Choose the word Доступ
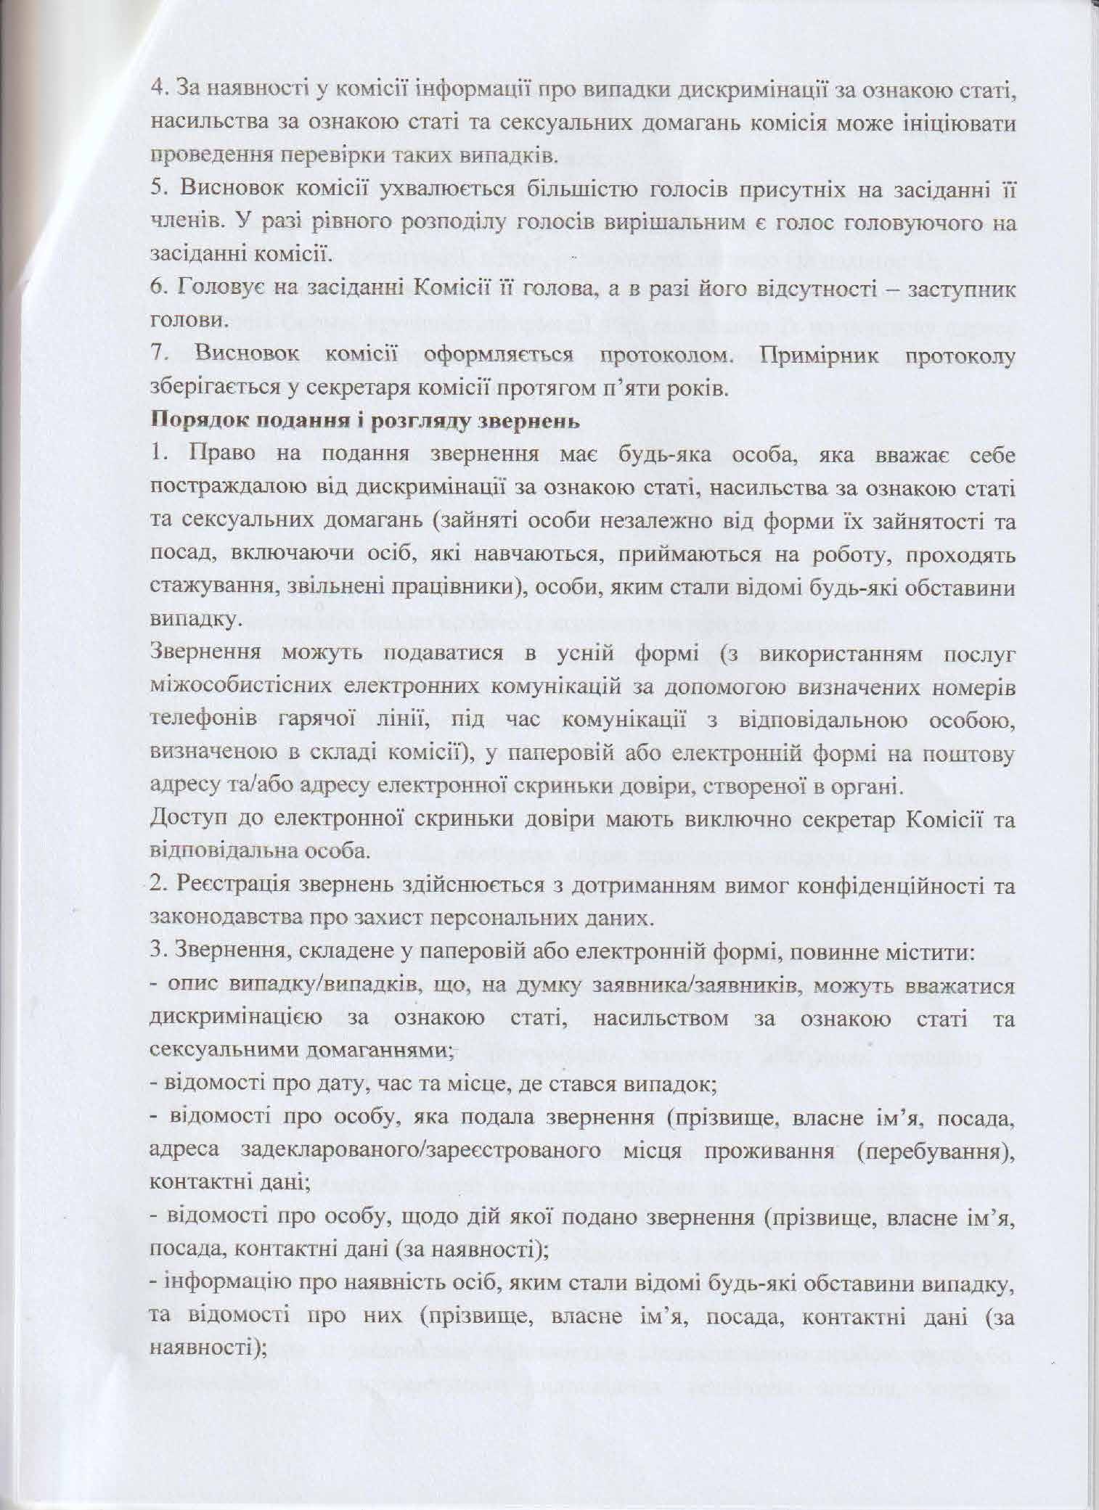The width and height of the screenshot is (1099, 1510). pos(181,820)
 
